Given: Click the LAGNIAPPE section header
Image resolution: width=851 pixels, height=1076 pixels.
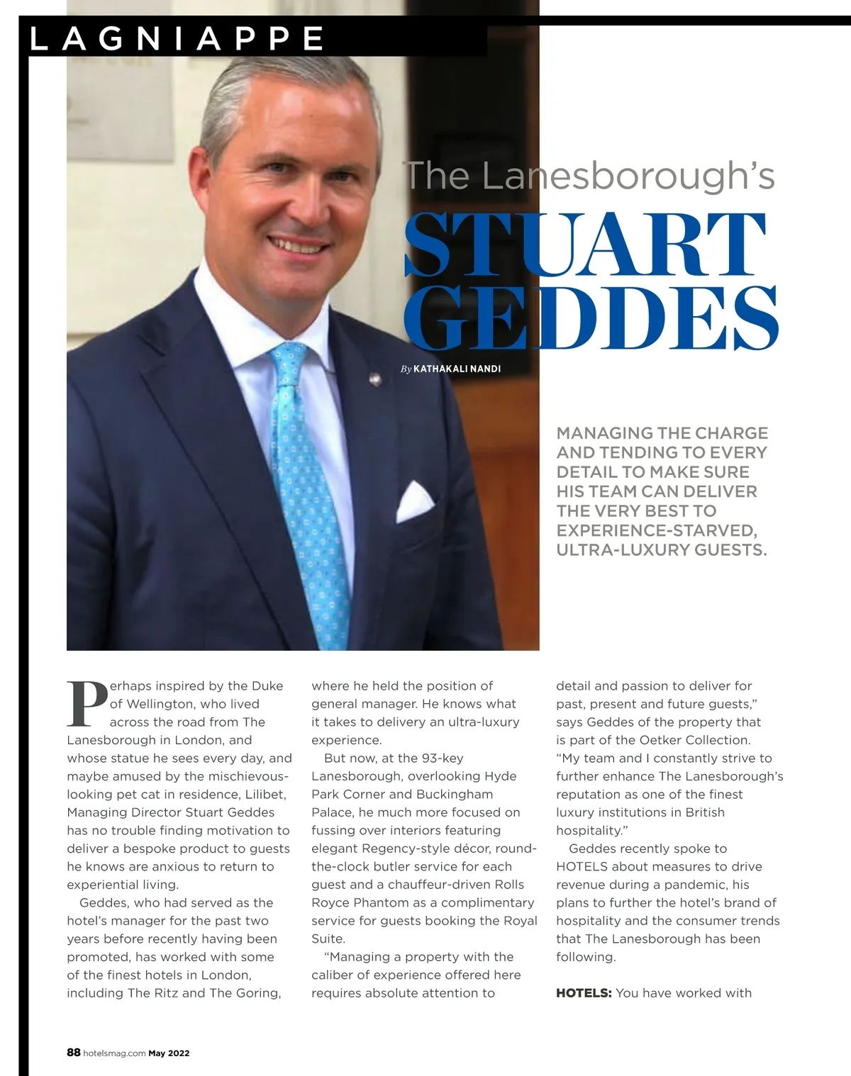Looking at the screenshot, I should [177, 39].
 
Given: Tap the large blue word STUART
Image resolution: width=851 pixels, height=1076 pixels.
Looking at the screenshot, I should [586, 245].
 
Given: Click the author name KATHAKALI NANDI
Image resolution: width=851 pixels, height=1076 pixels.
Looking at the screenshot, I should [457, 369].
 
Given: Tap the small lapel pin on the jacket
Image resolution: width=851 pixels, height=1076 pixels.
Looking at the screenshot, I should [374, 380].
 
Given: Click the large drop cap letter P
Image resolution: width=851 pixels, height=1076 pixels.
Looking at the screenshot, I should [87, 705].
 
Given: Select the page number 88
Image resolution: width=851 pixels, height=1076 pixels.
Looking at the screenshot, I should [73, 1053].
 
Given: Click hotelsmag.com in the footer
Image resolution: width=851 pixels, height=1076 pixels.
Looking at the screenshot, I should [114, 1053].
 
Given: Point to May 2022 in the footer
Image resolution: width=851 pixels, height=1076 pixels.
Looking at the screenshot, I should [169, 1053].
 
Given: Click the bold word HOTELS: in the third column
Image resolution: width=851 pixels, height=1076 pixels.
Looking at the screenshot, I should [583, 993].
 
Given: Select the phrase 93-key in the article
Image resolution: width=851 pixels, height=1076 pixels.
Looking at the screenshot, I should [442, 758].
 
